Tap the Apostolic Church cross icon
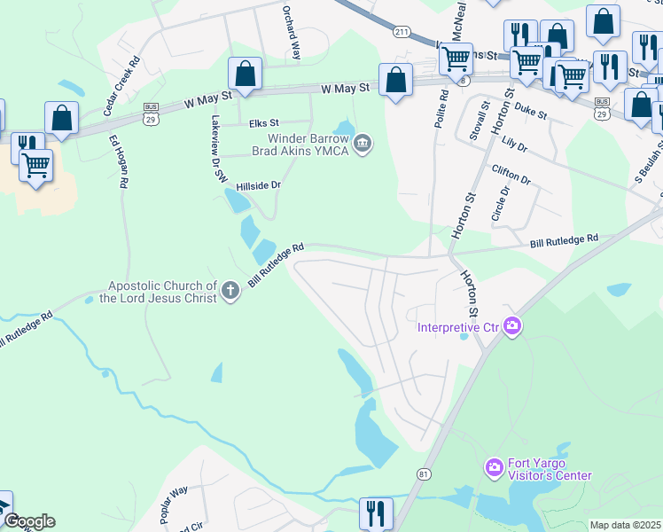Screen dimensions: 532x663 (x=230, y=291)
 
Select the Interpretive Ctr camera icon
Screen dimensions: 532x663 (x=511, y=327)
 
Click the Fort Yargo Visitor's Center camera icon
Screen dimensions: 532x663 (x=494, y=466)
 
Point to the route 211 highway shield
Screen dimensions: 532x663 (x=402, y=33)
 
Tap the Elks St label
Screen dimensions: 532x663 (x=263, y=123)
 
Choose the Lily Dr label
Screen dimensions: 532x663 (x=515, y=142)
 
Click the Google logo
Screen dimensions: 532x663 (x=28, y=521)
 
